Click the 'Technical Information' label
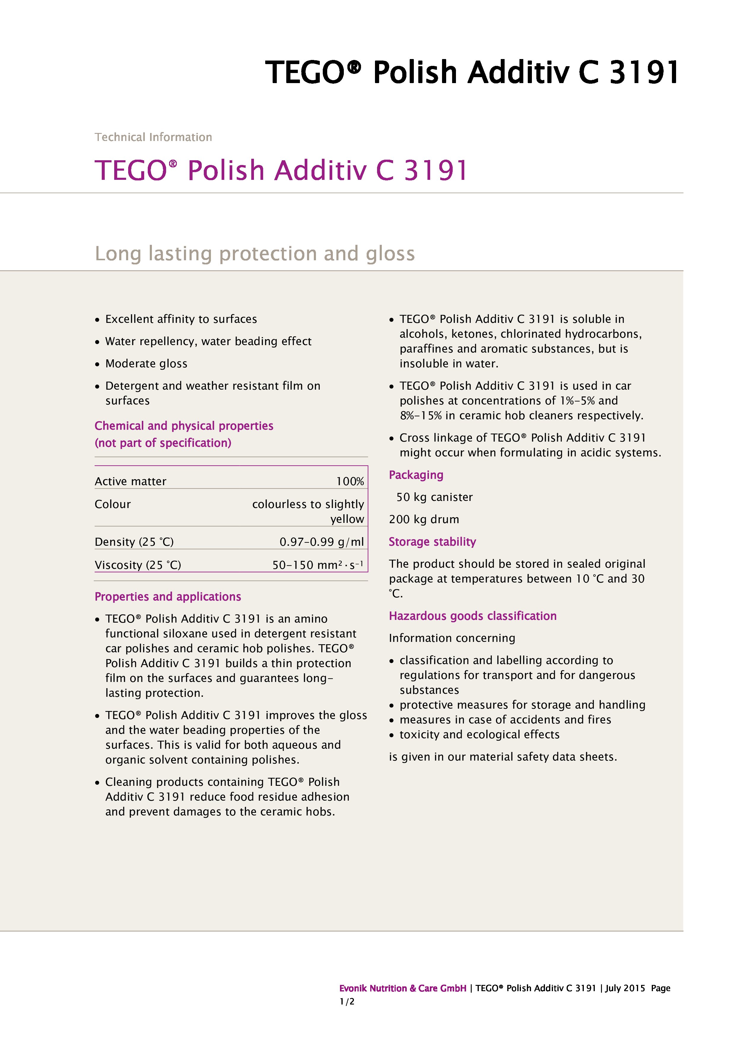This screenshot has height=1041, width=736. (x=153, y=137)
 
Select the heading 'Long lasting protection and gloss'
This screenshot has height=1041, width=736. (x=255, y=253)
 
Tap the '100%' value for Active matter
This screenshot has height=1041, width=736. (x=350, y=482)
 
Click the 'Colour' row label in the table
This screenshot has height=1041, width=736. (x=112, y=504)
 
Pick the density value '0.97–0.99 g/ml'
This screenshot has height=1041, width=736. (x=321, y=542)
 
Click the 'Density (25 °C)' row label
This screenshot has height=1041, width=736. (x=134, y=542)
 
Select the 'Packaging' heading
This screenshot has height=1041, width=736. (x=416, y=475)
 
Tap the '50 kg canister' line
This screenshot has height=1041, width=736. (x=434, y=497)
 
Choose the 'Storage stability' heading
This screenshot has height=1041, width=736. (x=432, y=542)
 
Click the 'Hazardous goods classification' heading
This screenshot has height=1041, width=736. (x=473, y=616)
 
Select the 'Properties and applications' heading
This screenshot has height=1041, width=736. (x=168, y=597)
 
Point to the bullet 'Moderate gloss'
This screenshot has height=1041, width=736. (x=146, y=364)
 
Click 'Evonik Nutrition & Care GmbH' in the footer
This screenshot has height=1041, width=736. (x=403, y=988)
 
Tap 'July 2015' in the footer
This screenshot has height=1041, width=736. (x=625, y=988)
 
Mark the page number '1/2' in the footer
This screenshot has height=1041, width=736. (x=347, y=1002)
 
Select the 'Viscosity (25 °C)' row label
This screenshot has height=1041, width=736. (x=138, y=565)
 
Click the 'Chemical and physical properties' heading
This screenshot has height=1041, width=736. (x=184, y=426)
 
